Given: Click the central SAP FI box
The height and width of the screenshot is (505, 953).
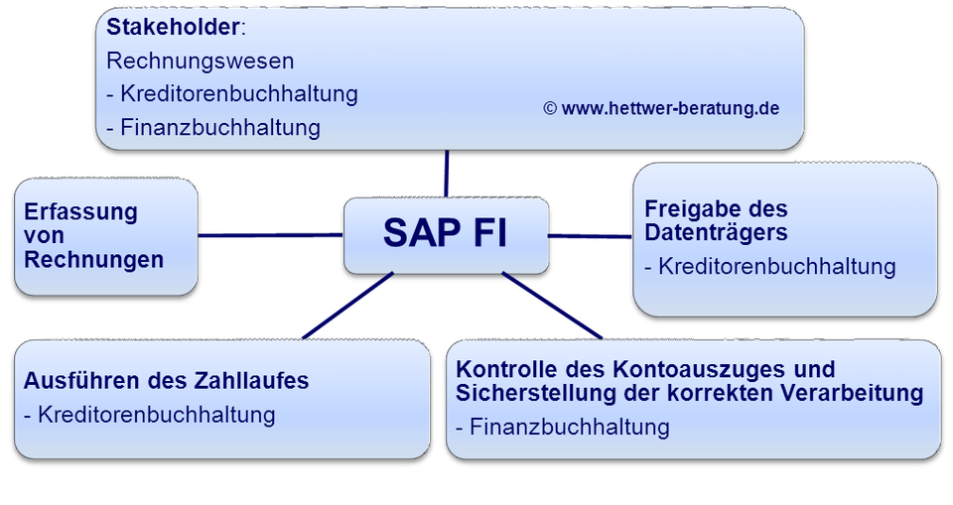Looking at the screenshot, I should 446,235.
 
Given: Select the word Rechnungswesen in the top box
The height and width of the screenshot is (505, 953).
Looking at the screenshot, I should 200,61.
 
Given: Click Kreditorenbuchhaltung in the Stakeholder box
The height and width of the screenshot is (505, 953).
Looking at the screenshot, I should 238,94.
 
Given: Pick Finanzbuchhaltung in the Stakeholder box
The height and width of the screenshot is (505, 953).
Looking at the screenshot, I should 219,127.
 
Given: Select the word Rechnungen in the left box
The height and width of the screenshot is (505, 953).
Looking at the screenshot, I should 94,260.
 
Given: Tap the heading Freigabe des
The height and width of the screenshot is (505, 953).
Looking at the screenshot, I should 716,209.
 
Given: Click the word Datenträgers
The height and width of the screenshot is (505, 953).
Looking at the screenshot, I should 716,233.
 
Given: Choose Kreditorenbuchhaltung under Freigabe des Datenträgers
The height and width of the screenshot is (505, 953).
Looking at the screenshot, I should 776,266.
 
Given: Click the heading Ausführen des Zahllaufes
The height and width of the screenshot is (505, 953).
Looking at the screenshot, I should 166,380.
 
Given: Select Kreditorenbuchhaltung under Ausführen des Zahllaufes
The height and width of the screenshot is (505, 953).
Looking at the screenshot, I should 156,414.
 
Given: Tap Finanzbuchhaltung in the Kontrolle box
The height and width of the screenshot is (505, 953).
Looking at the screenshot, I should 569,427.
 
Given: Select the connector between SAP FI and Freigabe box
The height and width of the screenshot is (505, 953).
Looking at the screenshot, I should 591,236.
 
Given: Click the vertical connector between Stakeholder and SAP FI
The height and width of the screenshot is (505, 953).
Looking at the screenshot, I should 447,174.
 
